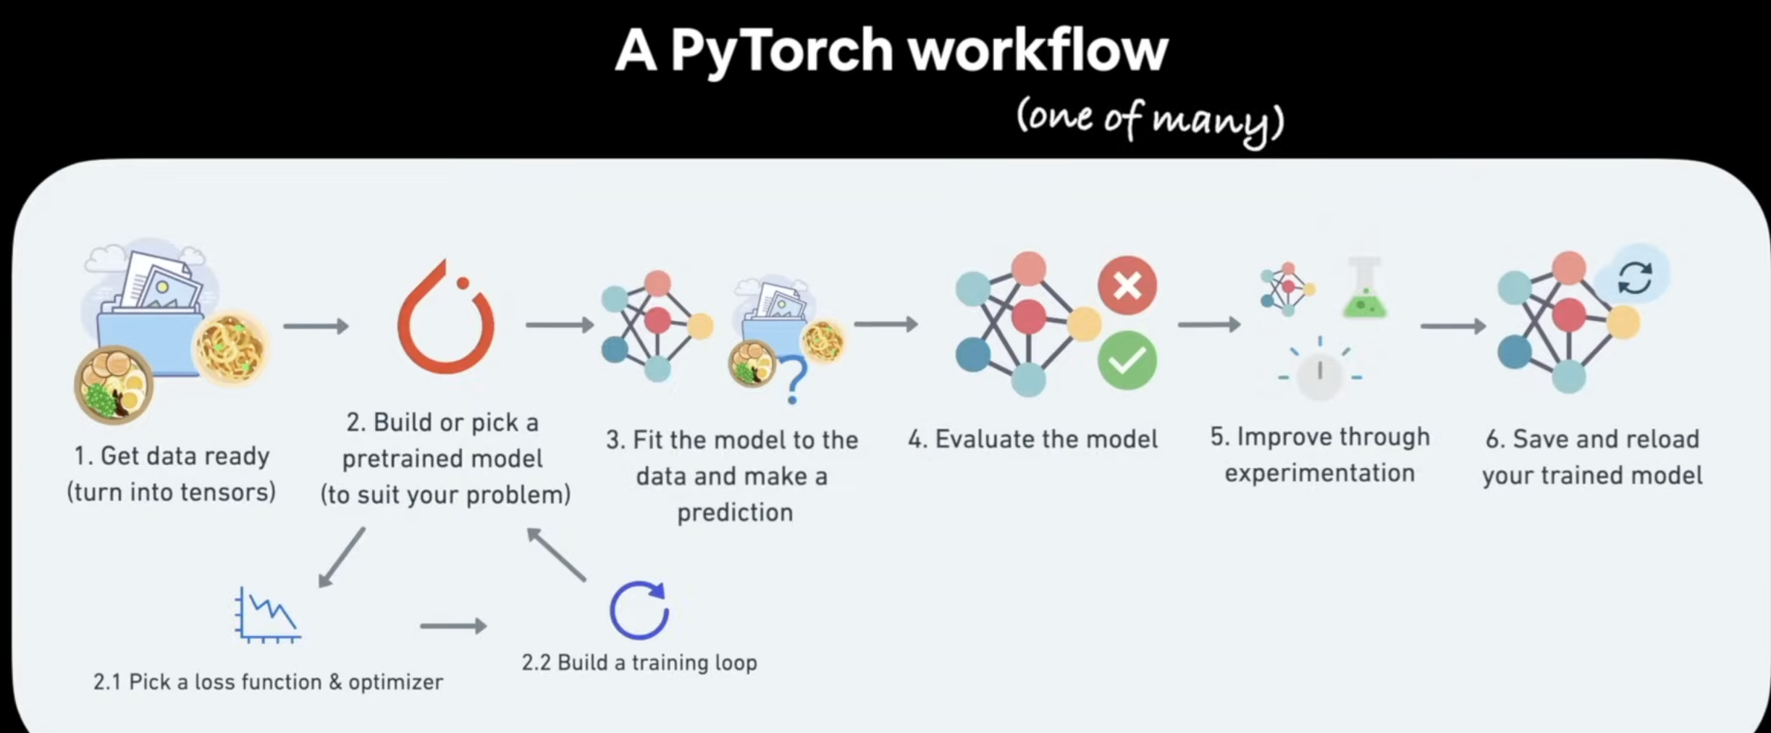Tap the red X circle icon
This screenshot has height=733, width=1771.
click(1127, 285)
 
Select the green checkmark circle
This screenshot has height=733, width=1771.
click(1127, 361)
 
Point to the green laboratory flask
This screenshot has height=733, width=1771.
click(1364, 290)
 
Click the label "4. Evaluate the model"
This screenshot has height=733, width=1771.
click(1033, 439)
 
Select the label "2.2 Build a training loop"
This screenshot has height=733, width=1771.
click(639, 663)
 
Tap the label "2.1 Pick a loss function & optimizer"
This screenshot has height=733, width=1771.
click(268, 682)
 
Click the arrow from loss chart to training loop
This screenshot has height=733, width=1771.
click(453, 625)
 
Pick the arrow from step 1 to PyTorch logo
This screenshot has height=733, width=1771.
click(316, 326)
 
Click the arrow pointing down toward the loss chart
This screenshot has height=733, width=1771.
click(342, 557)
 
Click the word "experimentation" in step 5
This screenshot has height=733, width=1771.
click(1319, 473)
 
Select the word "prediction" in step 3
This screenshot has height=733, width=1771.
click(735, 513)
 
